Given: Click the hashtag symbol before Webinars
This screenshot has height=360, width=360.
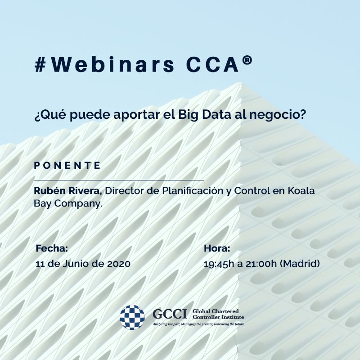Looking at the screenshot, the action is tap(40, 65).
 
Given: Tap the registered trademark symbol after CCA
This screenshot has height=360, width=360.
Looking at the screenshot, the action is tap(247, 60).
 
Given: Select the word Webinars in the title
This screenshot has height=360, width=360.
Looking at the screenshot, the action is tap(112, 64).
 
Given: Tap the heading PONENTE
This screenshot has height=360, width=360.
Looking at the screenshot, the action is tap(67, 165).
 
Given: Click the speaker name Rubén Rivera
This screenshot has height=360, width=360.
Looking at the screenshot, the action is tap(68, 190).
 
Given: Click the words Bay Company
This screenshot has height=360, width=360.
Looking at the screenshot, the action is tap(68, 203).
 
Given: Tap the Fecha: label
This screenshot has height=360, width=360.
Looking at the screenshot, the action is tap(52, 248).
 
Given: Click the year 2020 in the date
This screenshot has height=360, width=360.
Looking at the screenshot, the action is tap(119, 264).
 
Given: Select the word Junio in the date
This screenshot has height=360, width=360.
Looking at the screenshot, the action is tap(76, 264).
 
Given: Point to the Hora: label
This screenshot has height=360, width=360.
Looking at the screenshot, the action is tap(217, 248).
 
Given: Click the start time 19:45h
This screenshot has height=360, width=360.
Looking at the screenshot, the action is tap(219, 264).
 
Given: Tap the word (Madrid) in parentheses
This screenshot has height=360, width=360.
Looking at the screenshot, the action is tap(300, 264).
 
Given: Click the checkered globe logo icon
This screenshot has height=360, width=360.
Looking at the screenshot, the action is tap(132, 317).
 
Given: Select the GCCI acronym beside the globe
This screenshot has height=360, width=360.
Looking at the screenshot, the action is tap(170, 314).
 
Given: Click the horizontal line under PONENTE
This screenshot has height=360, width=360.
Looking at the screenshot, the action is tap(119, 180).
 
